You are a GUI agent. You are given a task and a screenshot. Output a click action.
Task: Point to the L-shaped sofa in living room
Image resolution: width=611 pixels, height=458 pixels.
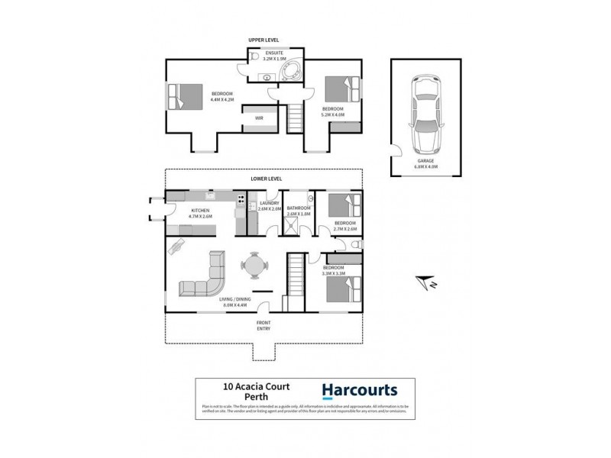coord(205,278)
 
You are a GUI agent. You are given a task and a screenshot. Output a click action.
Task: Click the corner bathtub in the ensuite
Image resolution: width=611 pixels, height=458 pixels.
coord(288,72)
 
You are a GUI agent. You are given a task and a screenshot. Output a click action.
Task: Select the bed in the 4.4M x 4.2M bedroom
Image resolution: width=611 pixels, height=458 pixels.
coord(183,96)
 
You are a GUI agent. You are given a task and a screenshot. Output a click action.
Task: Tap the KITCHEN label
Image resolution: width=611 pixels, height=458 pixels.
coord(200,210)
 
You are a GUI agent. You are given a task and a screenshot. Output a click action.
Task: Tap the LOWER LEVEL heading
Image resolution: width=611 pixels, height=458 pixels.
coord(267,179)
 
